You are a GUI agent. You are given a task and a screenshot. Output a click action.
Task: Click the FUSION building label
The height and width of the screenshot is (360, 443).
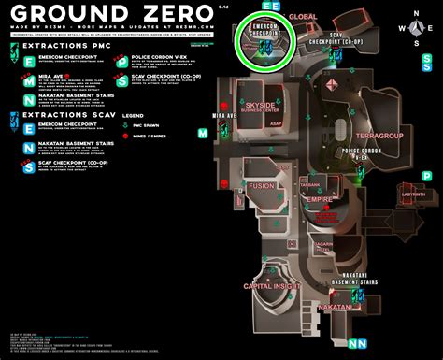[261, 186]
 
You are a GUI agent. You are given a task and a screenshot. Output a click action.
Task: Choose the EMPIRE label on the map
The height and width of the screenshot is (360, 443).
[320, 199]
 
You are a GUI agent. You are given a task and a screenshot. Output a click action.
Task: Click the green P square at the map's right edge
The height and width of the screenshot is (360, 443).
[427, 175]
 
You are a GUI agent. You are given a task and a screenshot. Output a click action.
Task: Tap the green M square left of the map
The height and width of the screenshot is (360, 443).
[203, 134]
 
